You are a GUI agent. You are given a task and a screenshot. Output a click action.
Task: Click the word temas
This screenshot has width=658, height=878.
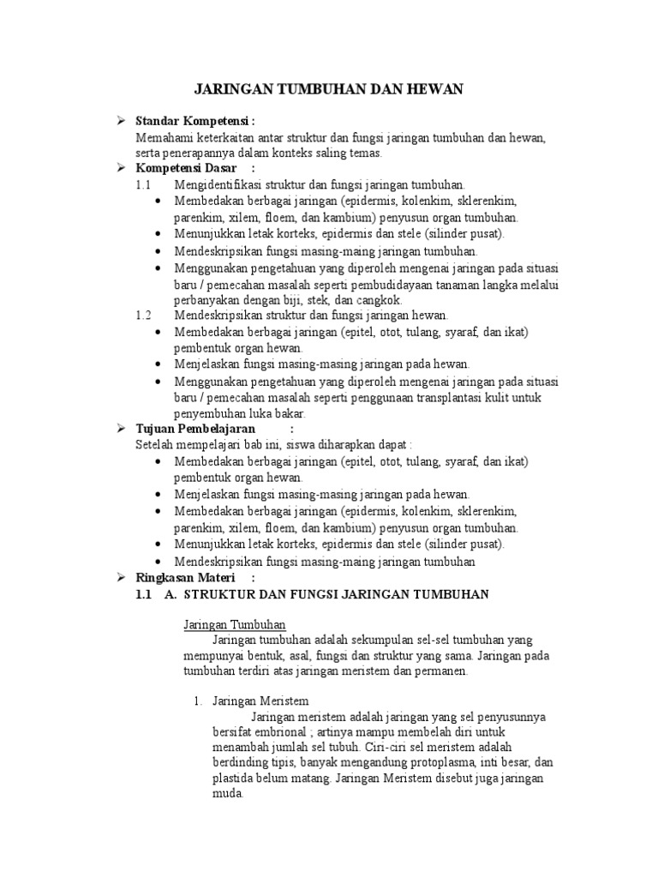click(x=365, y=153)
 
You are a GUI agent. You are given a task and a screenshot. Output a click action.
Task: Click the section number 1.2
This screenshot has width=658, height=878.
click(x=143, y=316)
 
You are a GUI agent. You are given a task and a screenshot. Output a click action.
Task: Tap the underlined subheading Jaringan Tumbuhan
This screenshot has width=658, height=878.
click(x=235, y=624)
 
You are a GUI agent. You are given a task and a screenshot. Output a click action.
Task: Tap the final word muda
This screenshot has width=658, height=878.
click(x=226, y=793)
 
